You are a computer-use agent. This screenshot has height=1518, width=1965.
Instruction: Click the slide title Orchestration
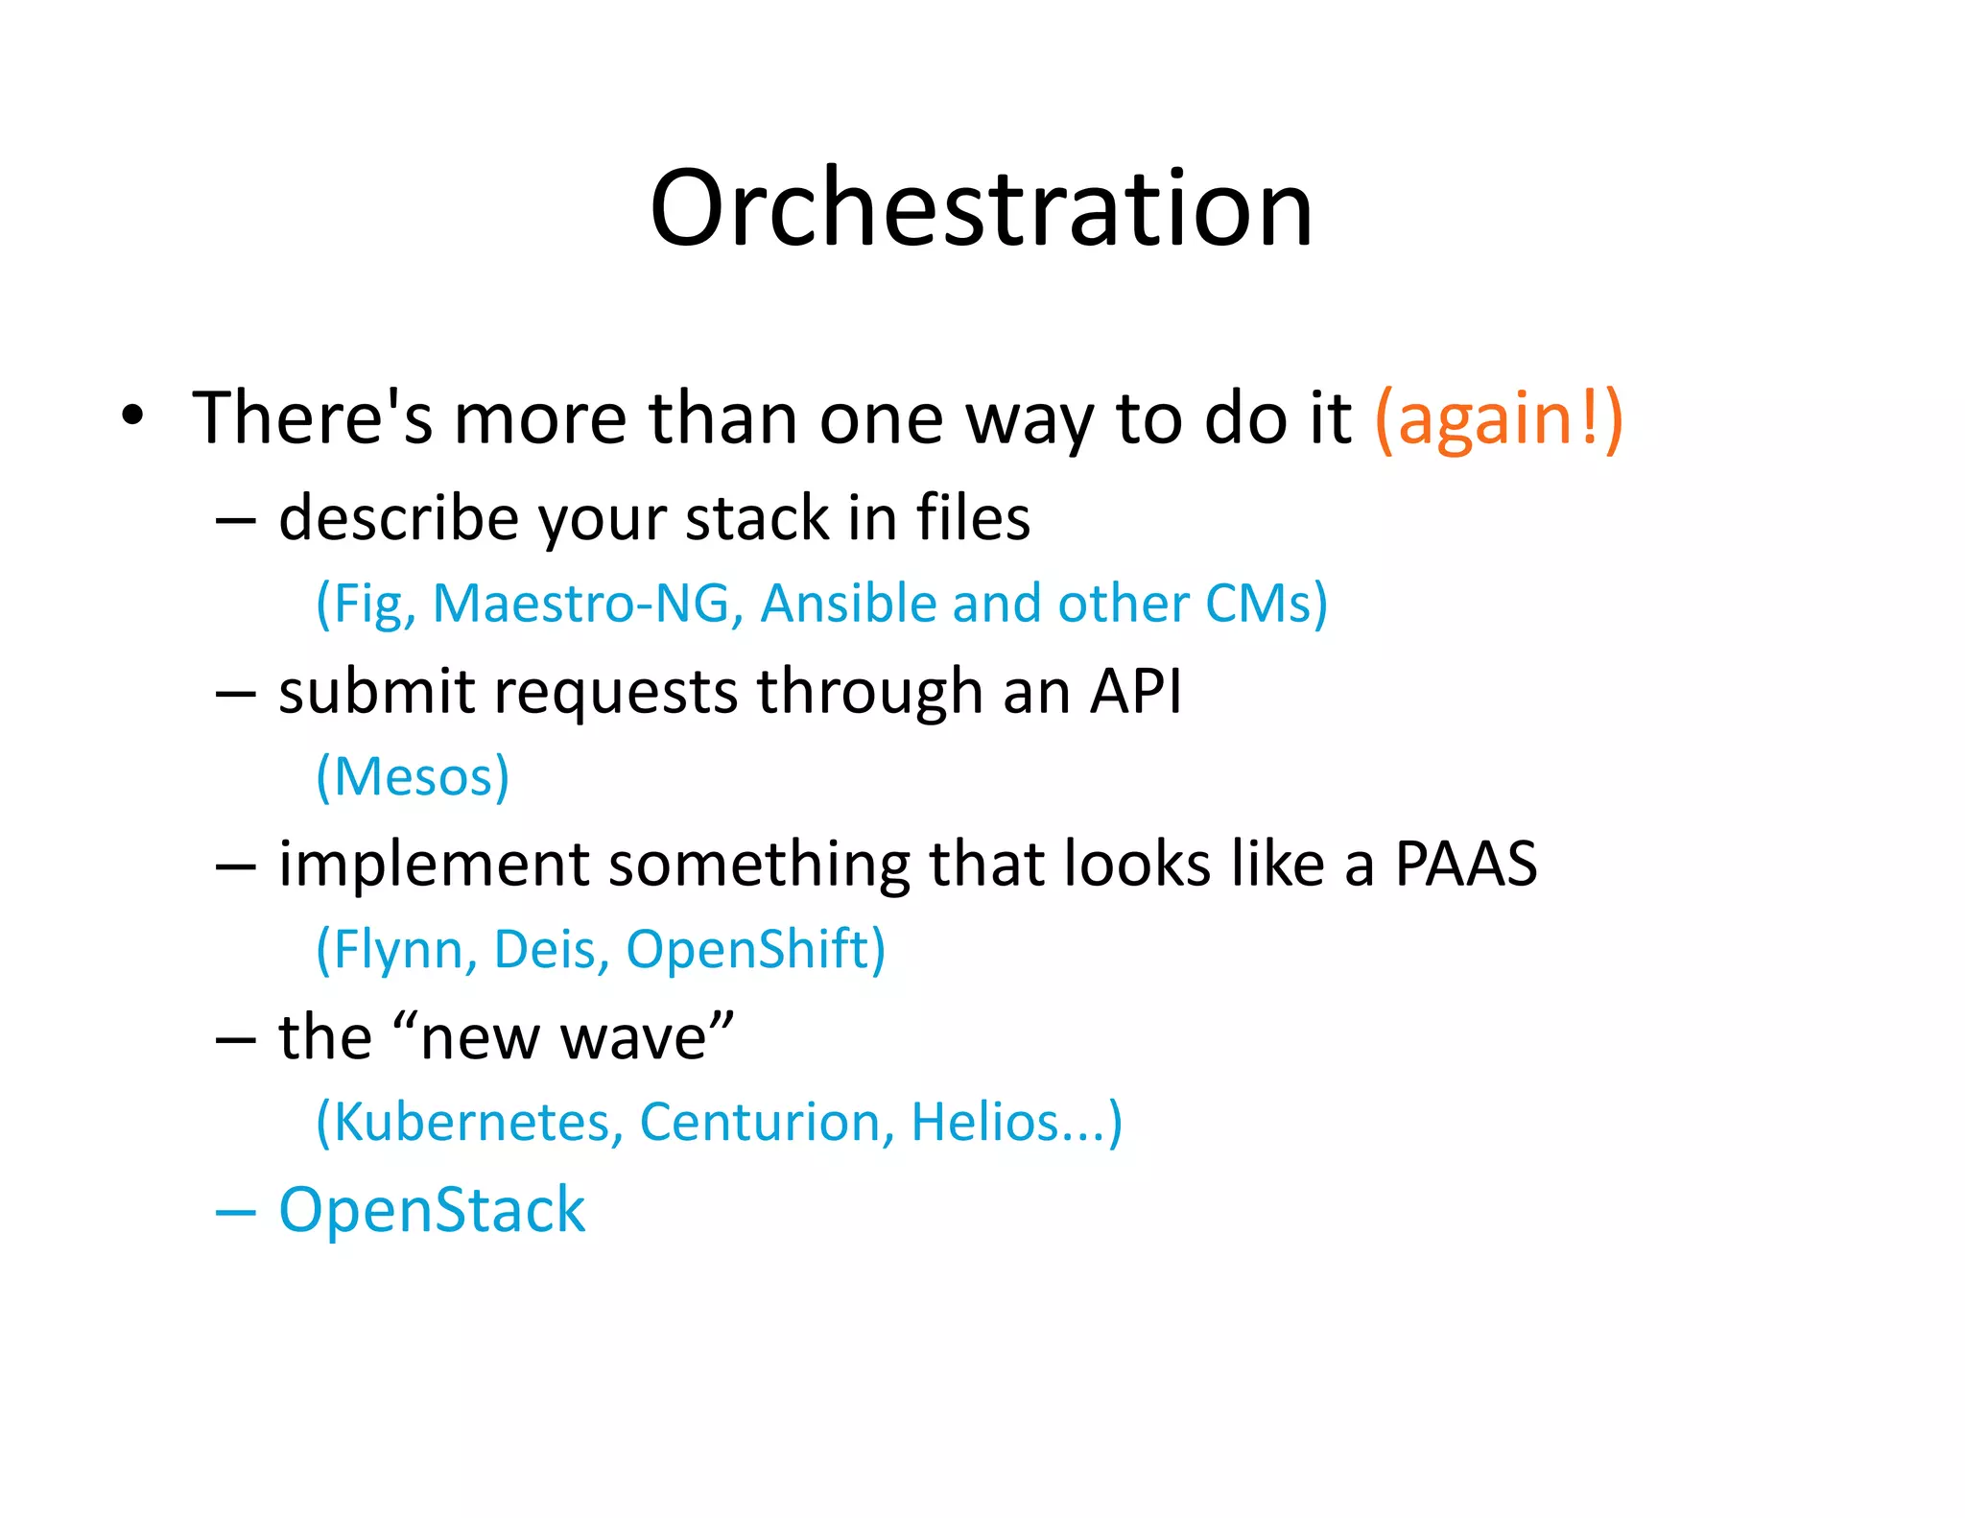coord(981,208)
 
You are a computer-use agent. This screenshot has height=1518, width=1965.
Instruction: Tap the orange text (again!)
coord(1499,419)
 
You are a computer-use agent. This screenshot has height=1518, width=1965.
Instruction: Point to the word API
coord(1136,691)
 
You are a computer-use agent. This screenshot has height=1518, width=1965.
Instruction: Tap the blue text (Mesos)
coord(413,776)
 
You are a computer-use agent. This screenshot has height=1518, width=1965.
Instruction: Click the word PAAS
coord(1465,864)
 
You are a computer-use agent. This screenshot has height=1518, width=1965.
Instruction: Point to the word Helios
coord(984,1122)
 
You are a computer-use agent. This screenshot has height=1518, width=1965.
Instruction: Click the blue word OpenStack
coord(432,1209)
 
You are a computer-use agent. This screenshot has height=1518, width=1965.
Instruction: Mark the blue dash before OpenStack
coord(236,1213)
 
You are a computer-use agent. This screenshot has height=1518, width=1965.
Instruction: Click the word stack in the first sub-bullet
coord(757,518)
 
